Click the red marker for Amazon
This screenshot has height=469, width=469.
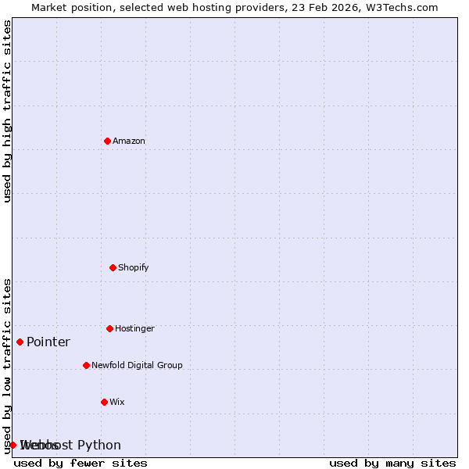click(x=107, y=141)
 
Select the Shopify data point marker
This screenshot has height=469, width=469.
click(x=113, y=267)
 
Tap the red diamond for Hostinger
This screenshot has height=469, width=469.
click(x=109, y=328)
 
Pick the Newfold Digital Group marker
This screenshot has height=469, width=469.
click(x=86, y=365)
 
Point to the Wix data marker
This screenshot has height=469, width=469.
click(x=104, y=402)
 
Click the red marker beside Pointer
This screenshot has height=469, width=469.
click(x=20, y=342)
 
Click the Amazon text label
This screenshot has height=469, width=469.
click(x=129, y=141)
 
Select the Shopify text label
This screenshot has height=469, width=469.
click(x=133, y=267)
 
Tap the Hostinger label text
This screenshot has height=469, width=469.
click(x=134, y=328)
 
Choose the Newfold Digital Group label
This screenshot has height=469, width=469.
click(x=137, y=365)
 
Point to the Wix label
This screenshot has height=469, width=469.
click(x=117, y=402)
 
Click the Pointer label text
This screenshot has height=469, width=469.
click(x=48, y=342)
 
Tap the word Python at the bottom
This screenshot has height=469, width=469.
click(x=99, y=445)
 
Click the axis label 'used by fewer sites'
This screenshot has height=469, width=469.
click(x=81, y=463)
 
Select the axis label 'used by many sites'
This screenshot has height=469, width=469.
click(x=392, y=463)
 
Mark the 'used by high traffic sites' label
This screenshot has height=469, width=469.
click(x=7, y=111)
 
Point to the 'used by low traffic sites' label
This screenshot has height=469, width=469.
click(x=7, y=366)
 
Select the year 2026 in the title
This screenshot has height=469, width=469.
click(x=345, y=7)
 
